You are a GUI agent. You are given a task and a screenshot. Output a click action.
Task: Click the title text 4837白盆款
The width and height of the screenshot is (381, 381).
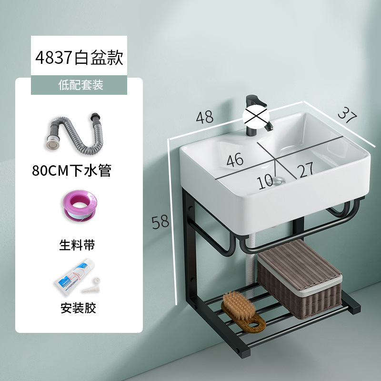[79, 58]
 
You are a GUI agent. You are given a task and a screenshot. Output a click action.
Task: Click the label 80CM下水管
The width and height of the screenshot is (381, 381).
[71, 170]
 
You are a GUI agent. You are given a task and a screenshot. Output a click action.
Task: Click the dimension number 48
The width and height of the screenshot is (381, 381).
[204, 116]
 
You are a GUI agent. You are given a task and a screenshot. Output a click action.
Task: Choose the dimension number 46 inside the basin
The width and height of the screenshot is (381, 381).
[235, 160]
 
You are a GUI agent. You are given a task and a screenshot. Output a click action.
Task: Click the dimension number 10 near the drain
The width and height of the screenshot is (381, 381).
[266, 181]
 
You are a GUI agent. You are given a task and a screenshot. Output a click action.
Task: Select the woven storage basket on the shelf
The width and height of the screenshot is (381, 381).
[299, 278]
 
